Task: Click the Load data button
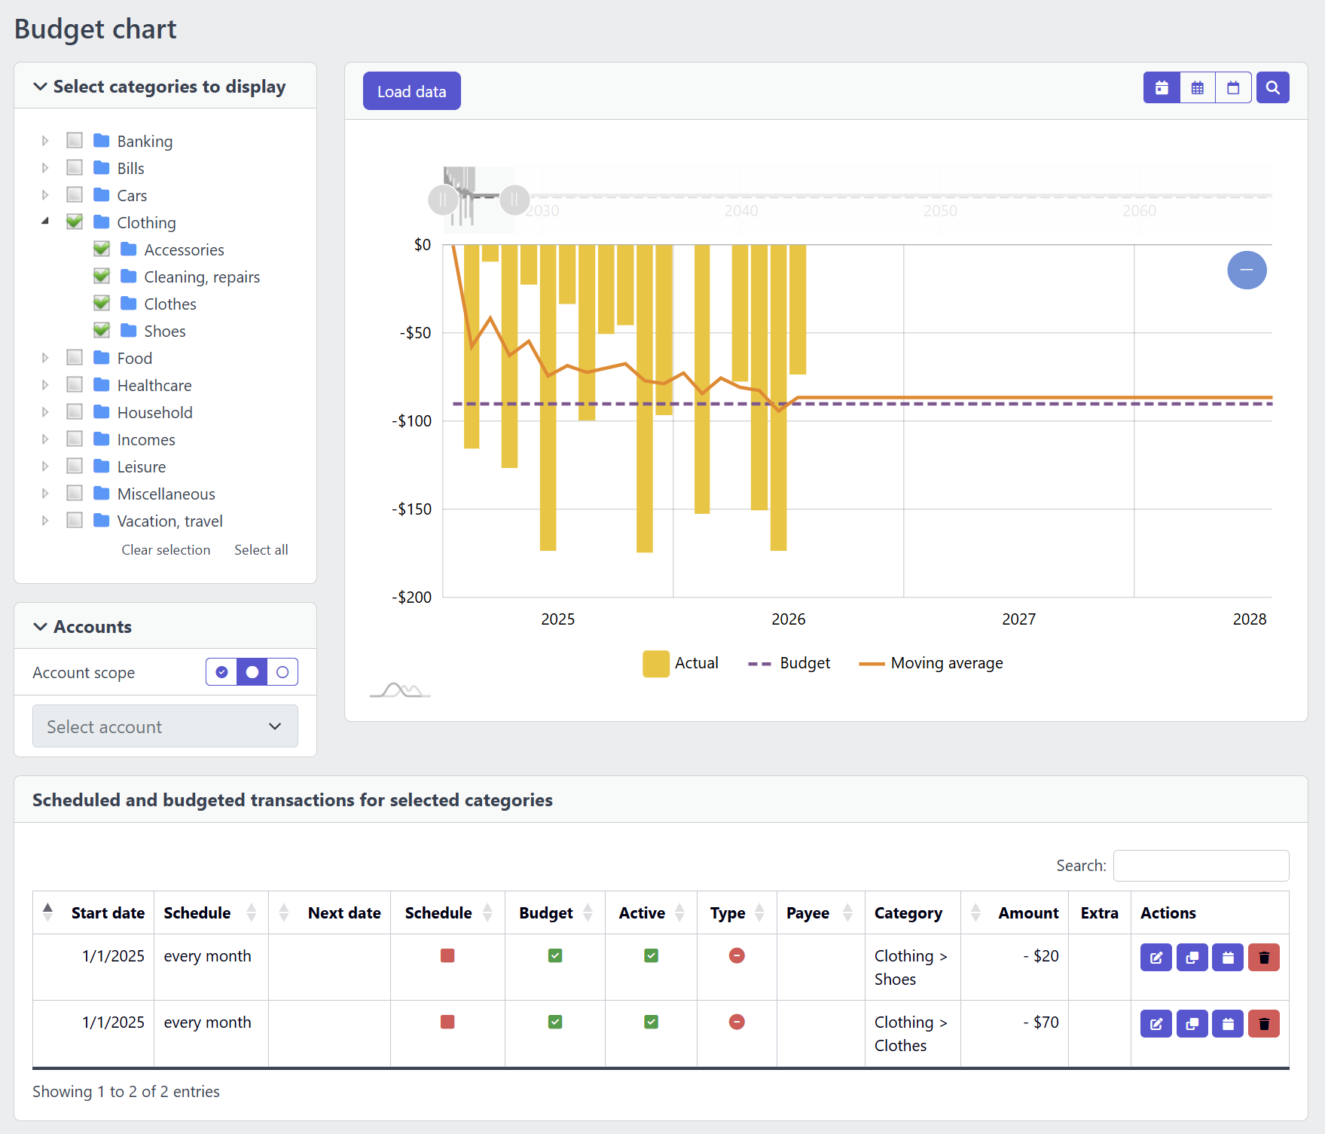tap(411, 91)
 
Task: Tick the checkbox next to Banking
tap(75, 140)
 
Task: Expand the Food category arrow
tap(45, 358)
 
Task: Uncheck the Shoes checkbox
tap(102, 330)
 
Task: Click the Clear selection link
tap(166, 550)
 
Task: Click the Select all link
tap(261, 550)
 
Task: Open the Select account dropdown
tap(165, 726)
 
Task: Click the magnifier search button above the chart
tap(1272, 87)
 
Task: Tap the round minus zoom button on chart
tap(1247, 270)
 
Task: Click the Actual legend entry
tap(680, 663)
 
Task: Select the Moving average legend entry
tap(931, 663)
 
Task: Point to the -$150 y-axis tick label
tap(412, 509)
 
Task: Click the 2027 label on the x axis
tap(1018, 619)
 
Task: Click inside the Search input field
tap(1201, 866)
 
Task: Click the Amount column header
tap(1028, 913)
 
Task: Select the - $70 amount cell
tap(1040, 1022)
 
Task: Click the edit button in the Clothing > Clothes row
tap(1156, 1023)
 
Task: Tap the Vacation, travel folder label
tap(169, 521)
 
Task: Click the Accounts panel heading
tap(93, 627)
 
